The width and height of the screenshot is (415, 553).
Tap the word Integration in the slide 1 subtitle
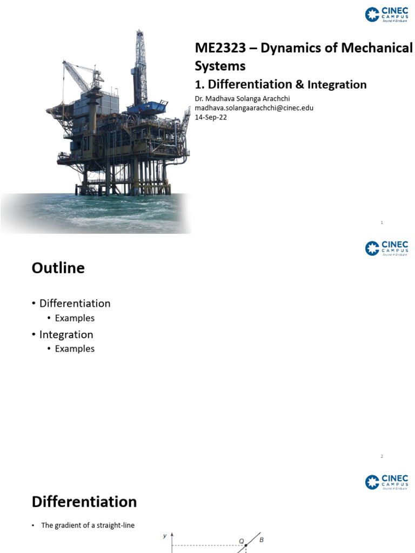337,85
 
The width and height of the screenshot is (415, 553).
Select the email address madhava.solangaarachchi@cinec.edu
254,107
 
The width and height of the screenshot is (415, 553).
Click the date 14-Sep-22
211,117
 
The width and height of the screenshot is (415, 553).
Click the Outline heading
58,268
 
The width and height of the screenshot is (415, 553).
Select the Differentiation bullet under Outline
75,304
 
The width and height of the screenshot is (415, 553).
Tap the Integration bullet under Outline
66,334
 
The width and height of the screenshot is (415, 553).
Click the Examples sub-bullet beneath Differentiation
75,318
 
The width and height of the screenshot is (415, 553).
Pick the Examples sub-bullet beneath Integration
75,349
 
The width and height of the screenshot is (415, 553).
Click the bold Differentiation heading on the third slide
84,502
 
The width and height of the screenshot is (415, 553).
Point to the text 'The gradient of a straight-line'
88,525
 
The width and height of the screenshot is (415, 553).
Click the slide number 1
381,222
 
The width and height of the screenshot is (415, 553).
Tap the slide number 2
381,456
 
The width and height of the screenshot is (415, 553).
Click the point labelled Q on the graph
246,545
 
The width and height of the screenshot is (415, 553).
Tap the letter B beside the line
262,539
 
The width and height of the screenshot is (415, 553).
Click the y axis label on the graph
165,536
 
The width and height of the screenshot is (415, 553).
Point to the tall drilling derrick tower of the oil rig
140,59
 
